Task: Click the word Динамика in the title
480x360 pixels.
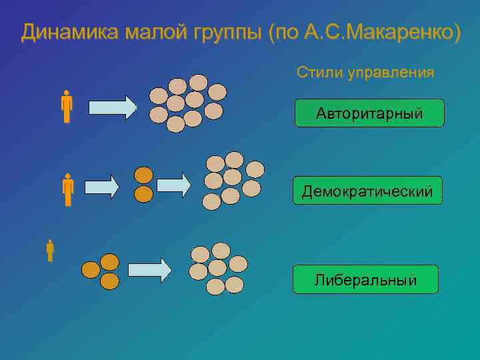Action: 61,32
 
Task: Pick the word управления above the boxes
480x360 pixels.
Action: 390,73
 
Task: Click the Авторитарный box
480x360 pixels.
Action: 369,113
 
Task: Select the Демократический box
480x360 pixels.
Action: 367,191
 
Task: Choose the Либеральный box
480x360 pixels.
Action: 365,279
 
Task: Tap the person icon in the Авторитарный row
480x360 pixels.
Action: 66,107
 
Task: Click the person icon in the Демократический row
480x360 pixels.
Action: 67,190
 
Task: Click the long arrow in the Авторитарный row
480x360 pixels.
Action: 112,107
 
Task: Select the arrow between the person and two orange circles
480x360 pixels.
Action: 101,187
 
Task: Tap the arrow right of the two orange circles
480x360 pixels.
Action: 173,185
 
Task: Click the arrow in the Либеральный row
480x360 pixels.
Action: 149,269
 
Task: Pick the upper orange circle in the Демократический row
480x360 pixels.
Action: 143,175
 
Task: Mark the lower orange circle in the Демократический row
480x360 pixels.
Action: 143,194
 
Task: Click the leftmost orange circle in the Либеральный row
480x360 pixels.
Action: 91,270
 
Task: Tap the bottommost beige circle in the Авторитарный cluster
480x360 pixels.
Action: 175,124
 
